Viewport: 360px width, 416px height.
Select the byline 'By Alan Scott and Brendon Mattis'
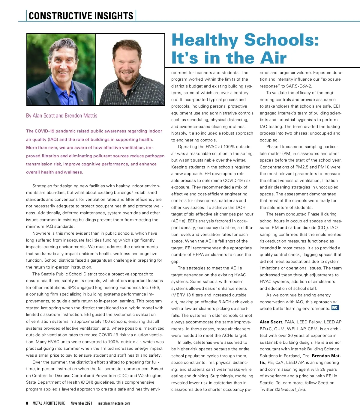pos(61,116)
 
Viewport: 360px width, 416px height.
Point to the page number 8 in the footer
pos(27,403)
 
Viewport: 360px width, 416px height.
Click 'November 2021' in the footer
pos(81,403)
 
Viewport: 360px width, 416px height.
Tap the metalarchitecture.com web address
pos(114,403)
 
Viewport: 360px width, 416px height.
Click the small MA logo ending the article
pos(335,308)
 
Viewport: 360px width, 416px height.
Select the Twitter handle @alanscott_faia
pos(290,389)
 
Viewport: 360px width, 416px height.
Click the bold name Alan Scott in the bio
pos(271,322)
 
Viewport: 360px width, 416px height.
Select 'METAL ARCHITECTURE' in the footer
pos(49,403)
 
